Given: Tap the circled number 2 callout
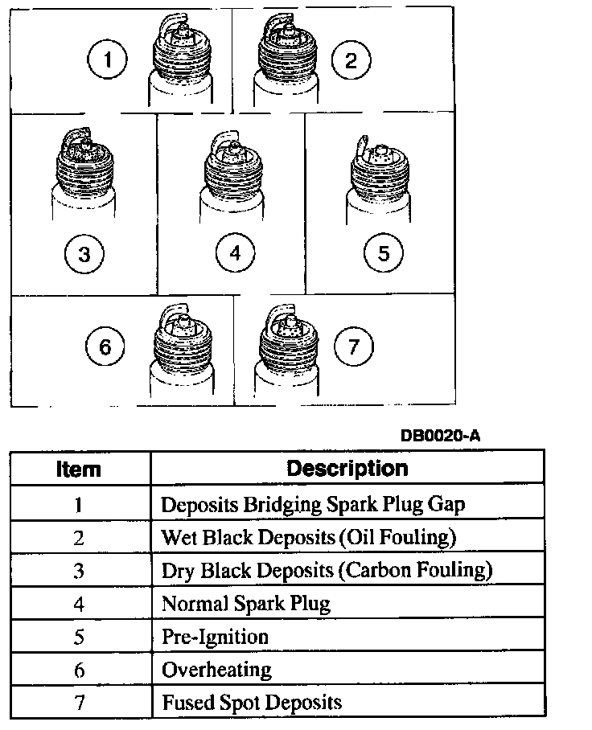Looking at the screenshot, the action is pyautogui.click(x=351, y=61).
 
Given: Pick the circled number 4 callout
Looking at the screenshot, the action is pyautogui.click(x=235, y=254).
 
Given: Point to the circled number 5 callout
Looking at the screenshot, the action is pyautogui.click(x=383, y=254).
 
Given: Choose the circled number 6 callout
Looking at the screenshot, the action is pyautogui.click(x=105, y=347).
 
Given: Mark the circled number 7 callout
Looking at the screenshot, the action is pyautogui.click(x=355, y=347).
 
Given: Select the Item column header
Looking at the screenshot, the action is pyautogui.click(x=78, y=469).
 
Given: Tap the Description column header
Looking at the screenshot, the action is pyautogui.click(x=347, y=468).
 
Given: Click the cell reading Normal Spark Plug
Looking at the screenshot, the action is pyautogui.click(x=246, y=603).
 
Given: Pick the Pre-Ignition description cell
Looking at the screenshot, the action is pyautogui.click(x=215, y=636).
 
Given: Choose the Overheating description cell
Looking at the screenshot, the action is pyautogui.click(x=217, y=669).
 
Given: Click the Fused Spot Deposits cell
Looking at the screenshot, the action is pyautogui.click(x=252, y=702).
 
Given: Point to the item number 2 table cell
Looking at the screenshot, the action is pyautogui.click(x=78, y=538).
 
